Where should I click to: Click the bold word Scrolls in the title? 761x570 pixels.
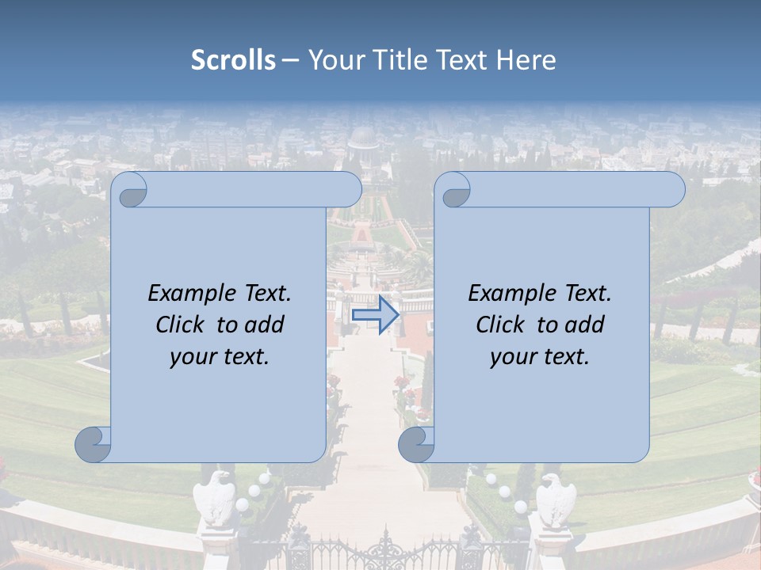pyautogui.click(x=233, y=60)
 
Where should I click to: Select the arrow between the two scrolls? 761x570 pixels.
pyautogui.click(x=375, y=315)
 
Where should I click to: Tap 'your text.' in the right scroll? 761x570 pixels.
pyautogui.click(x=540, y=357)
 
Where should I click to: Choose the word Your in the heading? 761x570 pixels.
pyautogui.click(x=333, y=60)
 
